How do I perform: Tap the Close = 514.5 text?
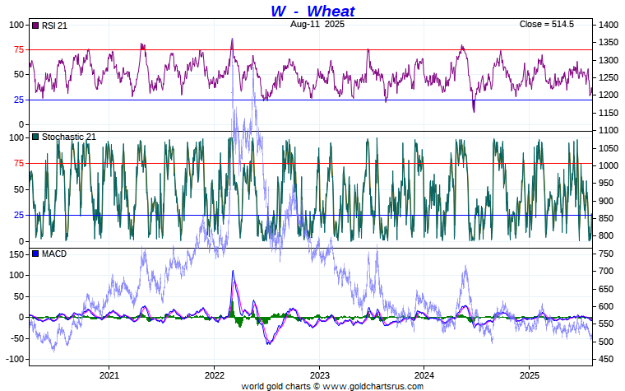point(546,25)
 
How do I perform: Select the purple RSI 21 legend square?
point(35,26)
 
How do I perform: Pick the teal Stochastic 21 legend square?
point(35,137)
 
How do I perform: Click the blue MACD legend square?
point(35,254)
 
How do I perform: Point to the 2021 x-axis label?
point(109,375)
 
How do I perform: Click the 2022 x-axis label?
point(214,375)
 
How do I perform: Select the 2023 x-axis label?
point(319,375)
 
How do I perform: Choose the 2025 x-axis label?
point(529,375)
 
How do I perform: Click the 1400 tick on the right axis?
point(609,26)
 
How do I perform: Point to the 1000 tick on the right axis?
point(609,165)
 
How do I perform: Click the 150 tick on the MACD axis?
point(14,254)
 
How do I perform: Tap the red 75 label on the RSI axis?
point(16,49)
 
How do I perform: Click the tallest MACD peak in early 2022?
point(233,271)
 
